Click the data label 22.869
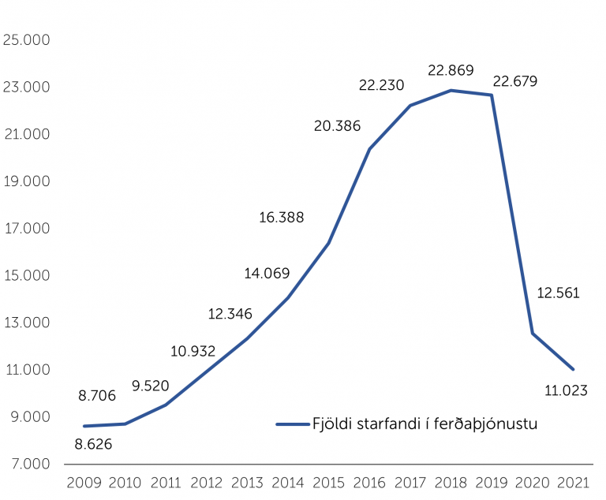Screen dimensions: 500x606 [451, 70]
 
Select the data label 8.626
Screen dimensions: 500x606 [93, 444]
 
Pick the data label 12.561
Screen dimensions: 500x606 [558, 293]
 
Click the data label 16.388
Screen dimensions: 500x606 [281, 217]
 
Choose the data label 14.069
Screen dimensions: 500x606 [267, 273]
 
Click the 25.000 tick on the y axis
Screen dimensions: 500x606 [26, 39]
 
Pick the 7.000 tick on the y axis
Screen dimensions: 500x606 [26, 464]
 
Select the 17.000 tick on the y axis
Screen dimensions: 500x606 [26, 228]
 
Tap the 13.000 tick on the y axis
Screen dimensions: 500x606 [26, 323]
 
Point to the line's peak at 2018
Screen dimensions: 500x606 [451, 90]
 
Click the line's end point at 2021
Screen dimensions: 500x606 [573, 369]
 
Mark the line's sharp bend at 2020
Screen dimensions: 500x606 [533, 333]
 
